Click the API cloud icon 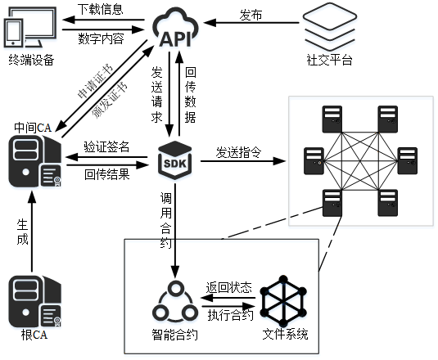(x=175, y=28)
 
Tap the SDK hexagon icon (x=175, y=160)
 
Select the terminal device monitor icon (x=30, y=27)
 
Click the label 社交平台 (x=330, y=60)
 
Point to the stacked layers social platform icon (x=330, y=26)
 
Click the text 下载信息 (x=100, y=9)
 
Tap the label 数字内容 (x=101, y=38)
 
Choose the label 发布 (x=251, y=15)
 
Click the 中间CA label (x=33, y=128)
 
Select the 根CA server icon (x=35, y=301)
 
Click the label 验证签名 (x=106, y=146)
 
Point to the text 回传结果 (x=107, y=174)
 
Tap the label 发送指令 (x=238, y=152)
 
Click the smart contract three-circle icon (x=175, y=302)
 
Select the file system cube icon (x=283, y=301)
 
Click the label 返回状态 (x=229, y=287)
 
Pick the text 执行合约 (x=230, y=315)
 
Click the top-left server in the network (x=332, y=119)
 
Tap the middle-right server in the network (x=407, y=160)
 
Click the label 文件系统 (x=285, y=334)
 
